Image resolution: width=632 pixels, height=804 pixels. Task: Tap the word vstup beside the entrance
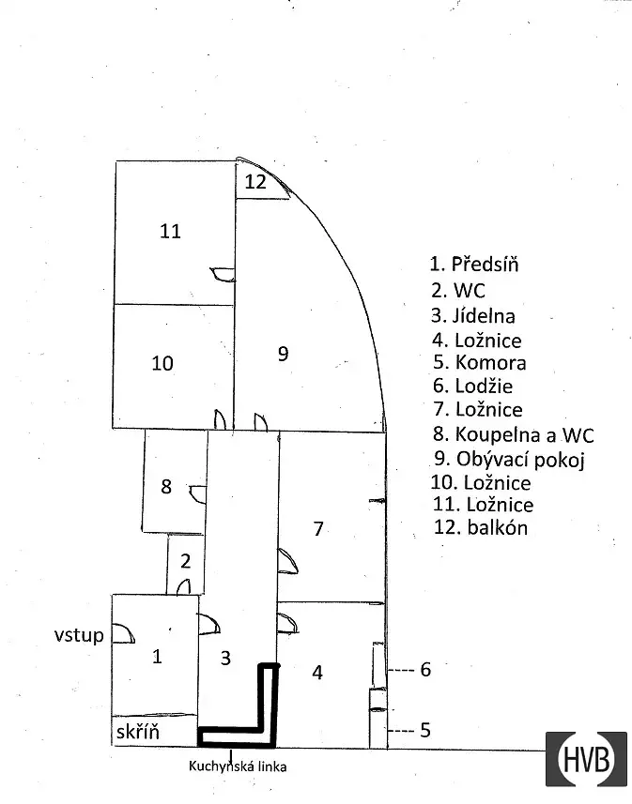click(x=79, y=636)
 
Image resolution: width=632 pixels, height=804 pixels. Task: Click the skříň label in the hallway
click(x=138, y=732)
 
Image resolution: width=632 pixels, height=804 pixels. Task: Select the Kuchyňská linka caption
click(x=238, y=766)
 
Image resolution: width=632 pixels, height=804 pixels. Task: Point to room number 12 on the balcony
click(x=255, y=181)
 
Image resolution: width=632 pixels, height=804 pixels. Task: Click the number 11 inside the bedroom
click(x=171, y=231)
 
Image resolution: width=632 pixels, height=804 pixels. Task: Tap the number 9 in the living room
click(x=283, y=354)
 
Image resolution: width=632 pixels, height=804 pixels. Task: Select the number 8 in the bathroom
click(x=166, y=486)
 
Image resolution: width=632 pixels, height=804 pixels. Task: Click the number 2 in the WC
click(x=185, y=561)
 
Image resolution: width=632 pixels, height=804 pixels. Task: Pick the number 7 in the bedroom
click(x=318, y=528)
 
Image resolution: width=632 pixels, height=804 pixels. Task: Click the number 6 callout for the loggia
click(x=425, y=669)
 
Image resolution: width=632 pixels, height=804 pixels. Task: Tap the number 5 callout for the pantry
click(x=425, y=730)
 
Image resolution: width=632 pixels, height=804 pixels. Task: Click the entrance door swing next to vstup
click(x=123, y=633)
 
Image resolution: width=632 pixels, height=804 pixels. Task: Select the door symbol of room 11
click(x=223, y=275)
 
